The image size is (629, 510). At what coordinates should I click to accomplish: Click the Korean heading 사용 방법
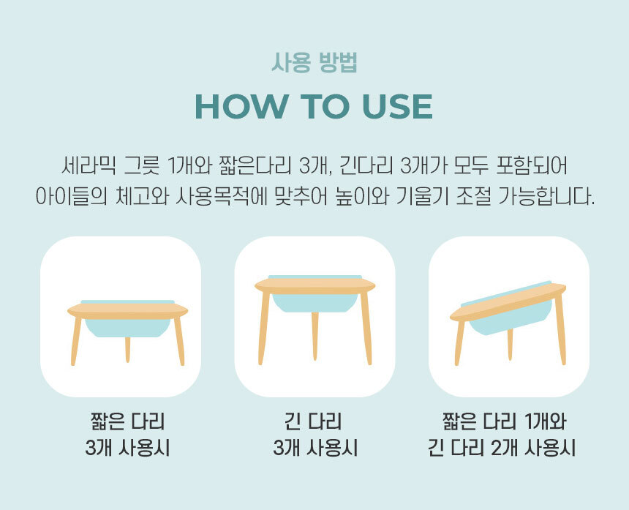[314, 63]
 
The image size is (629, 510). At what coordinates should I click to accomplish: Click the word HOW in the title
[241, 107]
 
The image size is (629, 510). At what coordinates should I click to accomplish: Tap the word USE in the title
[397, 107]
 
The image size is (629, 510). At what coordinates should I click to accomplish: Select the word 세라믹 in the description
[88, 165]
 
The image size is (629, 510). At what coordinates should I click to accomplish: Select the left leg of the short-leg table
[76, 341]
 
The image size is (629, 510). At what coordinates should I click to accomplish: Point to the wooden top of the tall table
[315, 286]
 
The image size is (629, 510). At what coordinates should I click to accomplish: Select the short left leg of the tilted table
[460, 343]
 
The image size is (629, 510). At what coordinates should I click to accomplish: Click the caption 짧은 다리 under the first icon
[127, 421]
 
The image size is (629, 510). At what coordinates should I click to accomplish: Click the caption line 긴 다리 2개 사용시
[502, 448]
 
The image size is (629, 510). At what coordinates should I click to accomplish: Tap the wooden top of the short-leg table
[127, 311]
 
